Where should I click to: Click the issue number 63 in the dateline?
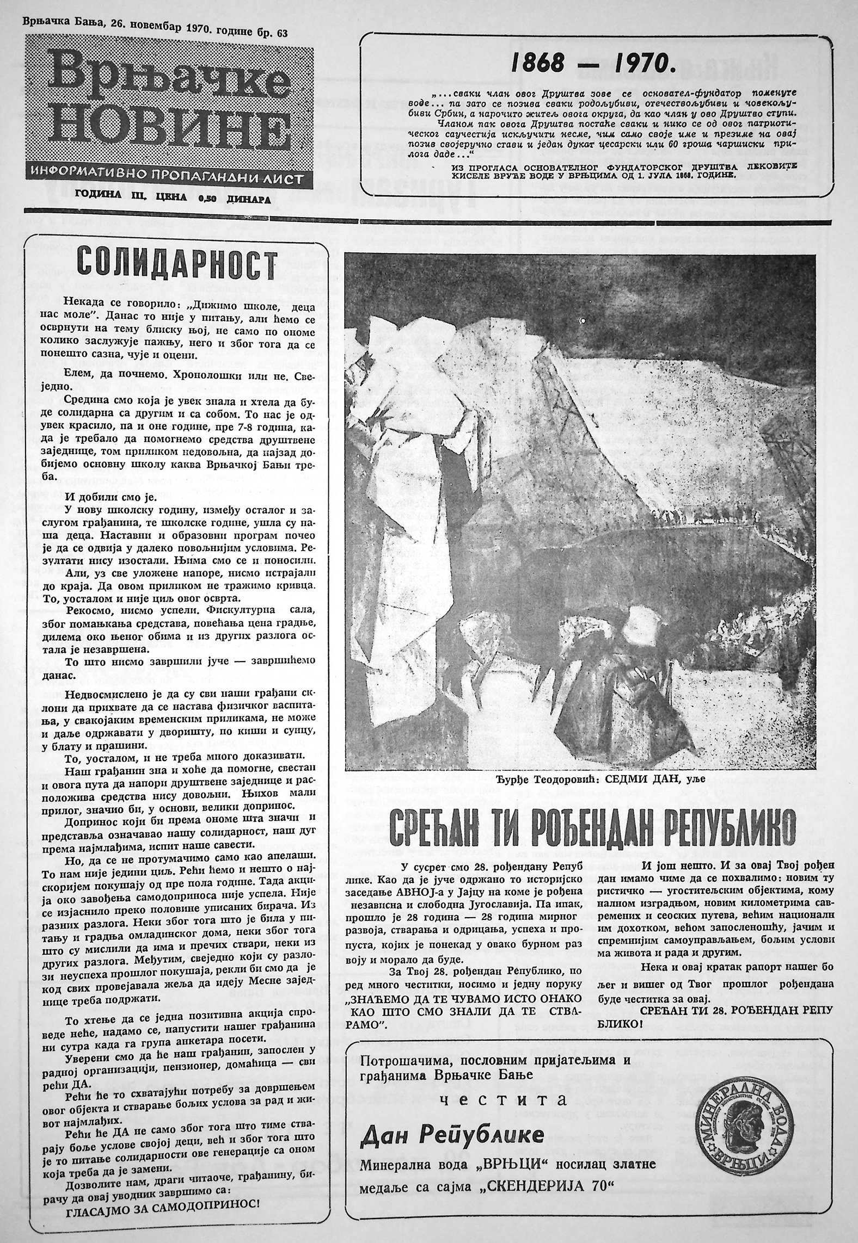[x=282, y=33]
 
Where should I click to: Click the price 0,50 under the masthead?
[x=209, y=200]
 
